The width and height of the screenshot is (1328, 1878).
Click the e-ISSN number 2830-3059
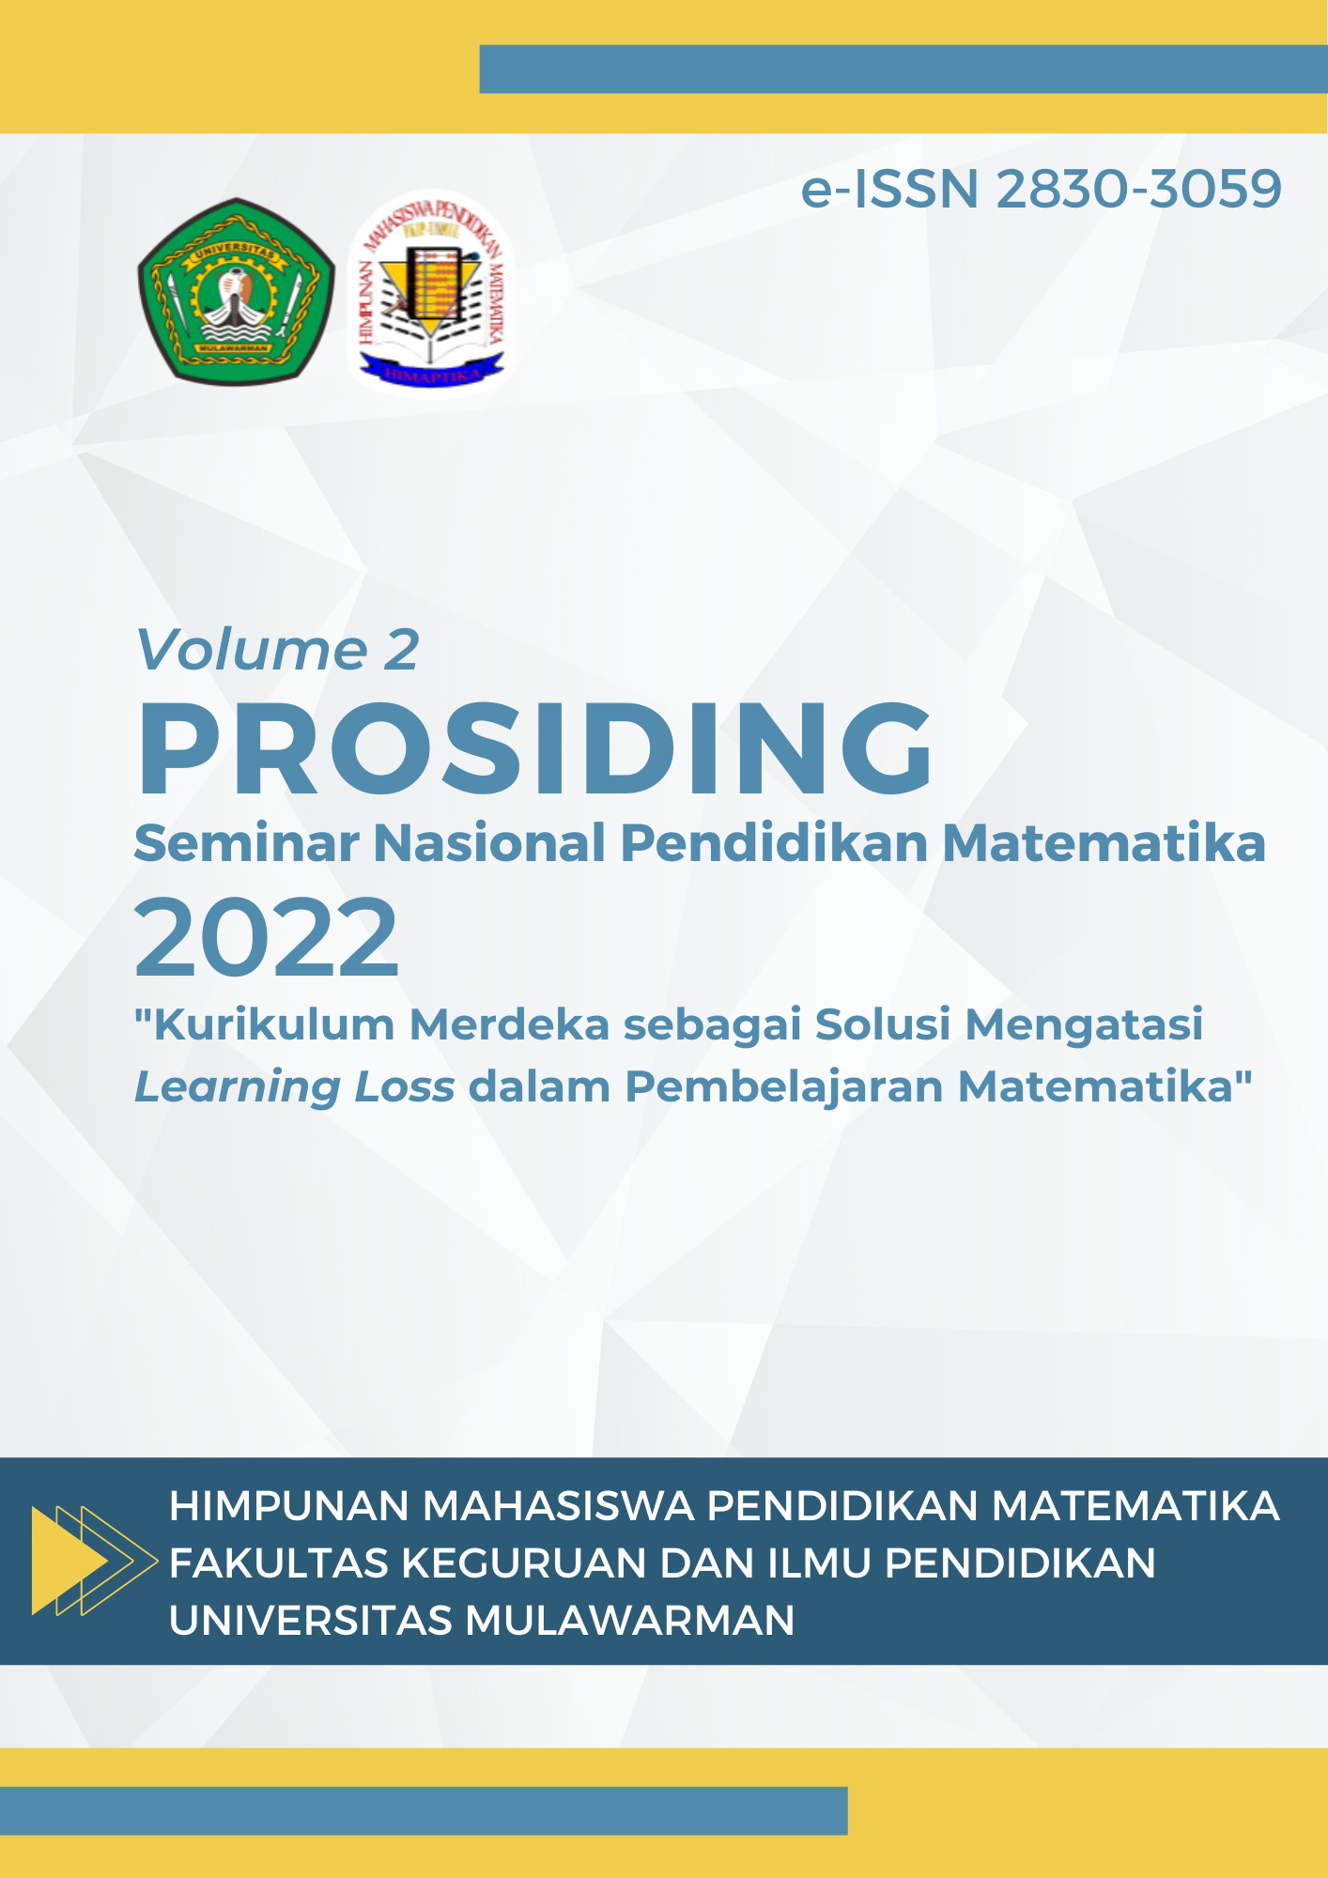[x=1138, y=190]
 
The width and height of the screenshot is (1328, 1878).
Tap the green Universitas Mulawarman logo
[x=236, y=291]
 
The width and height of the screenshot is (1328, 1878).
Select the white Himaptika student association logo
[x=431, y=294]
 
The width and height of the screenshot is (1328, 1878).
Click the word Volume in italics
[x=252, y=650]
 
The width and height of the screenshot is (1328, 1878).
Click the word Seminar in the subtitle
[x=247, y=842]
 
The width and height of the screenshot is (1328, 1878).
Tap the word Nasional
[x=488, y=842]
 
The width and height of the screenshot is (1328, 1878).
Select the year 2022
[x=267, y=938]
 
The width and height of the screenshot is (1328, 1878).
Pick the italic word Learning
[x=237, y=1087]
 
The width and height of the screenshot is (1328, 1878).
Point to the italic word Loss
[x=405, y=1087]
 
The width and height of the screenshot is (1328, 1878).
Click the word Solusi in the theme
[x=883, y=1024]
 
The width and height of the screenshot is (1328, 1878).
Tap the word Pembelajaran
[x=784, y=1087]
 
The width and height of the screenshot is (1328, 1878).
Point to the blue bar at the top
[x=903, y=69]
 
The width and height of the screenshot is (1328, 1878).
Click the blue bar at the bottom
[x=423, y=1810]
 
